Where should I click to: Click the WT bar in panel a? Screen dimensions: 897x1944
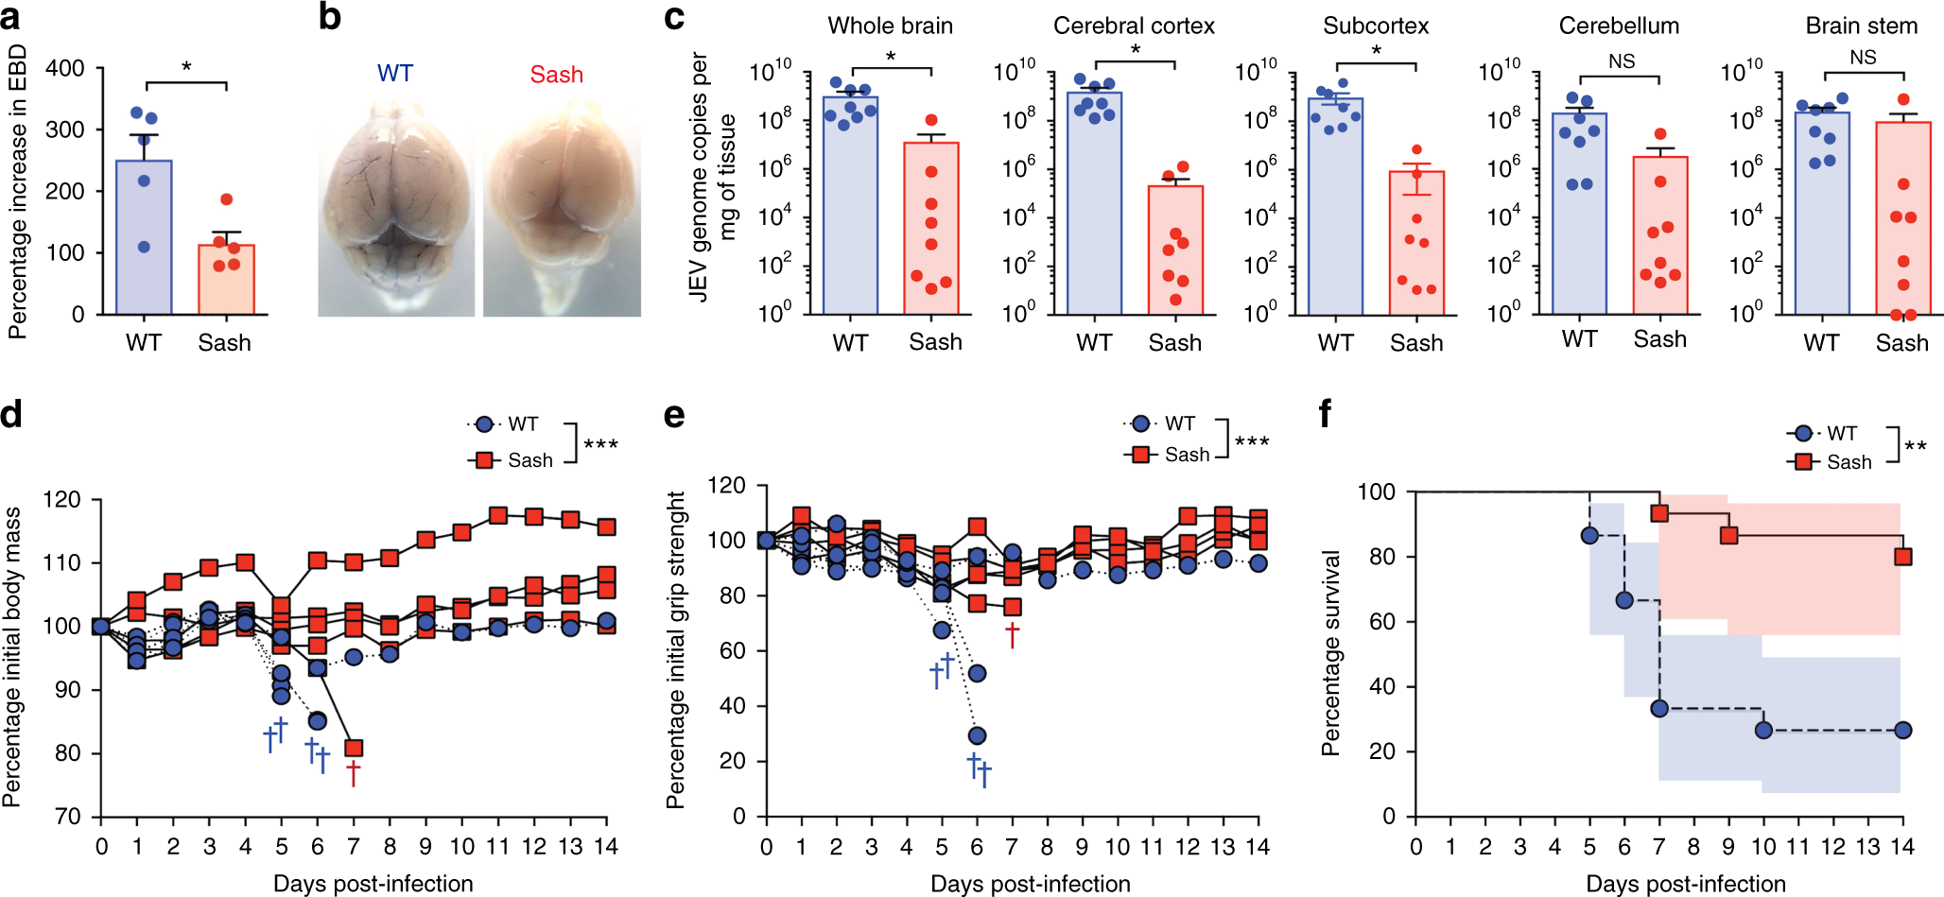(x=144, y=236)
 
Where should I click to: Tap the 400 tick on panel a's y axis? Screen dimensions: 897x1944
(x=65, y=68)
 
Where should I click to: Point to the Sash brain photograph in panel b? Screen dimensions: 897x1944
(x=562, y=208)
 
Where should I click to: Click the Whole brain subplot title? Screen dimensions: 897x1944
(x=890, y=26)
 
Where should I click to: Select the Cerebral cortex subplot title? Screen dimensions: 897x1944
(x=1134, y=26)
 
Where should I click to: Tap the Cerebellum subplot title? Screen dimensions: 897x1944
(x=1619, y=26)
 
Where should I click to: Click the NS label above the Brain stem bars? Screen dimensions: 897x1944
(x=1863, y=58)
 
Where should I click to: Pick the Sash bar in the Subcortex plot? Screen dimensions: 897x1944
(x=1416, y=242)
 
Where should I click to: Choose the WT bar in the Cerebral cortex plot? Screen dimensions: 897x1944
(x=1094, y=202)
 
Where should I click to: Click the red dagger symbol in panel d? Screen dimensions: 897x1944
(x=353, y=774)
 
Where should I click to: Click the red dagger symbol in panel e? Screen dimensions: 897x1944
(x=1012, y=634)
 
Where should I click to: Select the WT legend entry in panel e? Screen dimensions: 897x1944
(x=1164, y=423)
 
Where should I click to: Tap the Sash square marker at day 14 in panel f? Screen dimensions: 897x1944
(x=1902, y=557)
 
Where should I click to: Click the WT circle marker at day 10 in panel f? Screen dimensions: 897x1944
(x=1763, y=730)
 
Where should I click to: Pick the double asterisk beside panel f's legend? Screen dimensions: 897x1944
(x=1916, y=446)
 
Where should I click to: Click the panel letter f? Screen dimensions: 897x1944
(x=1326, y=413)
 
